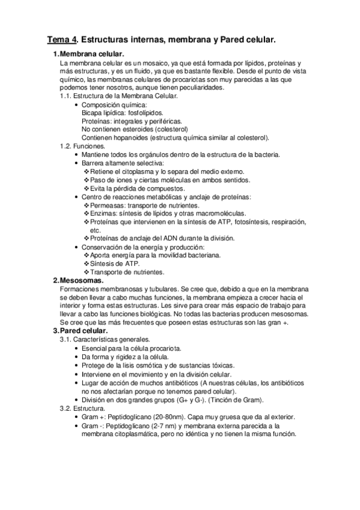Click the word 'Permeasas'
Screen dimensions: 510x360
click(108, 205)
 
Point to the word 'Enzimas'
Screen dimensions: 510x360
click(105, 214)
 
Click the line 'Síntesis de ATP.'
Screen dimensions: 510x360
click(115, 263)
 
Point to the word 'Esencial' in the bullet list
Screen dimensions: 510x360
click(95, 349)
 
